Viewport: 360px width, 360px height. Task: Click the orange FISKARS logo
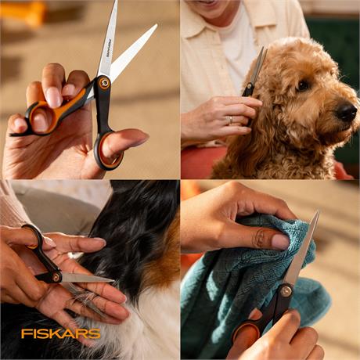click(x=61, y=333)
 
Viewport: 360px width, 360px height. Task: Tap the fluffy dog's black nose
click(x=346, y=111)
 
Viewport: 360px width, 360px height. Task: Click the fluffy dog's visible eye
click(x=303, y=85)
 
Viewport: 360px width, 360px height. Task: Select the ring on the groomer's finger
click(x=231, y=120)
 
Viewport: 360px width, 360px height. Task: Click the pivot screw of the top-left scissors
click(x=105, y=83)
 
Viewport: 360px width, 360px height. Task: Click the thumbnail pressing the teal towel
click(x=280, y=241)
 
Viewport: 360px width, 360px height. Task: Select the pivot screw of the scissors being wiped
click(x=286, y=290)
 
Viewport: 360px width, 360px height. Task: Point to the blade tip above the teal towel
click(x=318, y=211)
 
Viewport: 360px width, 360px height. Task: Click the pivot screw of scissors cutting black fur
click(x=56, y=278)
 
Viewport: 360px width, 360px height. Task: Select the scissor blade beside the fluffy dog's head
click(x=258, y=65)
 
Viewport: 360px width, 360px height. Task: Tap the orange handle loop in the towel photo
click(x=247, y=331)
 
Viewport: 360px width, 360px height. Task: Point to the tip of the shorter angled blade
click(x=156, y=25)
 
